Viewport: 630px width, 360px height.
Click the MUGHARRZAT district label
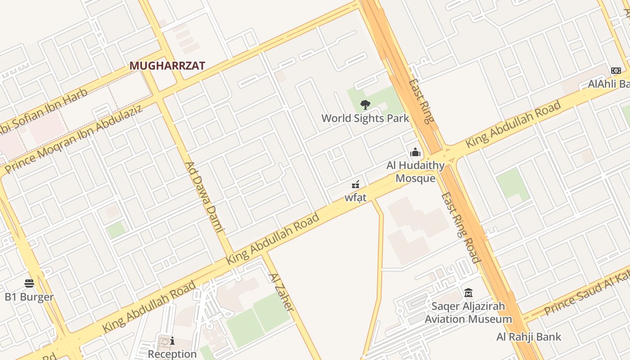(x=167, y=66)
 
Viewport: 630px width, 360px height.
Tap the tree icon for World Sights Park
(x=365, y=105)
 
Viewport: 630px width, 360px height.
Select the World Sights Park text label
(x=365, y=118)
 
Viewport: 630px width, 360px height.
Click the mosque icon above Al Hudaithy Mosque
(x=415, y=152)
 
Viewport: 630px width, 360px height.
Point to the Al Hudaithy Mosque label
(x=415, y=172)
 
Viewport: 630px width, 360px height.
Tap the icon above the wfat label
(x=355, y=184)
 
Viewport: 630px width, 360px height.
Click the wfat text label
(x=355, y=198)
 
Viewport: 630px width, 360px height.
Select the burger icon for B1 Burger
(x=29, y=283)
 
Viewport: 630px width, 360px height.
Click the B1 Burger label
(x=29, y=297)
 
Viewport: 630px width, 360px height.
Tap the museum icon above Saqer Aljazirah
(x=468, y=293)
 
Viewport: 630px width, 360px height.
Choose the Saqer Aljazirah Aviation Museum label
(x=468, y=313)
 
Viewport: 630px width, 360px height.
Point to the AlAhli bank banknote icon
(x=616, y=71)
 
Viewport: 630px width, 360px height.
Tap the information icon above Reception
(x=172, y=341)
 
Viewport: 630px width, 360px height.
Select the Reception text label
(x=172, y=354)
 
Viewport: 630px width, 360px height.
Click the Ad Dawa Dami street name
(x=205, y=197)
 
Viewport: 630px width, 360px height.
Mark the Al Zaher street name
(x=281, y=292)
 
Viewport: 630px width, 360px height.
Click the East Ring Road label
(x=460, y=227)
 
